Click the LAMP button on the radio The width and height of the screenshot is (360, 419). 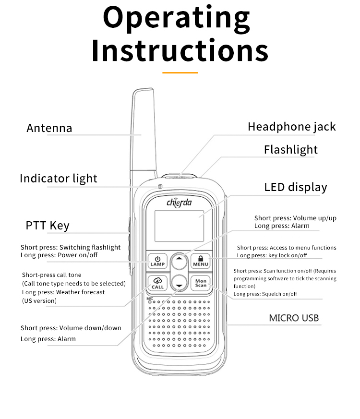pyautogui.click(x=157, y=261)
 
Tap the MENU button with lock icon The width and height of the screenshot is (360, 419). pyautogui.click(x=201, y=261)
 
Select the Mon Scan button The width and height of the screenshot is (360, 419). pyautogui.click(x=201, y=283)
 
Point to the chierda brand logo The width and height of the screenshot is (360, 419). pyautogui.click(x=179, y=202)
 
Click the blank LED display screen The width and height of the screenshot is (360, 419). pyautogui.click(x=179, y=226)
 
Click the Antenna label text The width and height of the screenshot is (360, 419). pyautogui.click(x=49, y=128)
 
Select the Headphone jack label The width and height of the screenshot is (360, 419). pyautogui.click(x=291, y=127)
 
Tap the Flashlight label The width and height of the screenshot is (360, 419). pyautogui.click(x=290, y=150)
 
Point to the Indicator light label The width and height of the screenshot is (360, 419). pyautogui.click(x=58, y=179)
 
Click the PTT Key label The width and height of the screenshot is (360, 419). pyautogui.click(x=47, y=226)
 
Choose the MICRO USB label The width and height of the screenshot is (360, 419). pyautogui.click(x=293, y=318)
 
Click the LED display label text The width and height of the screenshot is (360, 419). pyautogui.click(x=295, y=187)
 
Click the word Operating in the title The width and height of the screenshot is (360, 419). pyautogui.click(x=177, y=18)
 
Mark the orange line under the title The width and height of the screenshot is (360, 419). pyautogui.click(x=180, y=72)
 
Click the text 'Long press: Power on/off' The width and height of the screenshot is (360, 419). pyautogui.click(x=59, y=255)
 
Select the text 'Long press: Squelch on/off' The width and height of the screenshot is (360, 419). pyautogui.click(x=265, y=294)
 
